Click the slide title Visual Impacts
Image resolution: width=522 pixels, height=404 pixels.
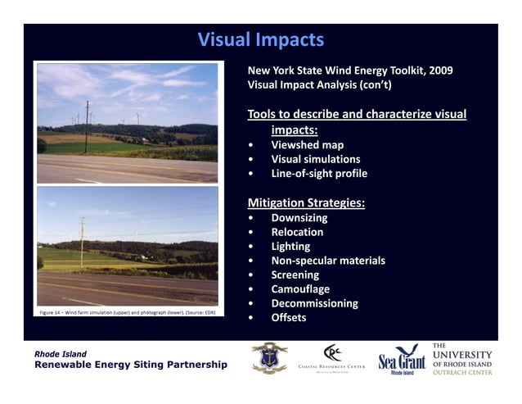click(261, 39)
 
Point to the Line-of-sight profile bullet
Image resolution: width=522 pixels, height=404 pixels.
click(319, 173)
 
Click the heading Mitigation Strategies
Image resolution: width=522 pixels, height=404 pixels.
click(306, 202)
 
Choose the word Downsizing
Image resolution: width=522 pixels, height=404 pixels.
click(299, 218)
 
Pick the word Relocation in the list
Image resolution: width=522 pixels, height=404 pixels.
click(297, 232)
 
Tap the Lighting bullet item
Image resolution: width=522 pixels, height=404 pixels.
click(290, 246)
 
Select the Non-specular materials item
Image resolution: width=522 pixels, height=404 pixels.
click(327, 261)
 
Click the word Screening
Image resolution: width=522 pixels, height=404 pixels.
click(295, 275)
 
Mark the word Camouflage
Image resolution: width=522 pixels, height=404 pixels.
click(300, 288)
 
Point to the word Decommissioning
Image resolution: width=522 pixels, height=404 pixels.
click(314, 303)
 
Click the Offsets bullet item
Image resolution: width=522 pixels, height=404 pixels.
click(288, 317)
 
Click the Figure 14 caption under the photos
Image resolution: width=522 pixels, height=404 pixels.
click(127, 312)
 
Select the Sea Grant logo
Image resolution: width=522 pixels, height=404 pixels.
click(402, 359)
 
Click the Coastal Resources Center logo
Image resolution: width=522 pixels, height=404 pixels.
click(331, 358)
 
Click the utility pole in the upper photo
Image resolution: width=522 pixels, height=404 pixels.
click(87, 126)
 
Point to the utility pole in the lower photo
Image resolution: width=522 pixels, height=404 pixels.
click(82, 241)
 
